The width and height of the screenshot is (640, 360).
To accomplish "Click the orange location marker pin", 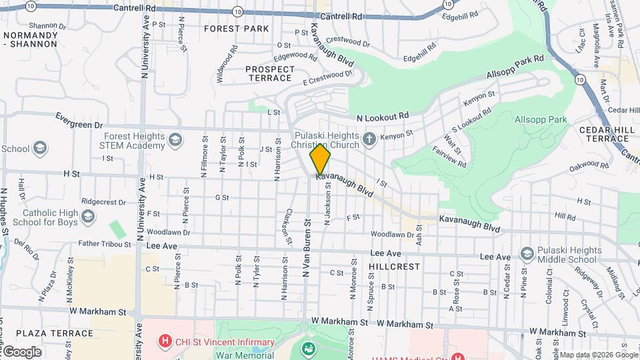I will point(320,159).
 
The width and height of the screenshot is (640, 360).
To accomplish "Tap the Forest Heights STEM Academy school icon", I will point(175,139).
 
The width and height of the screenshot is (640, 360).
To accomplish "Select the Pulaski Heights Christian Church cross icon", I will point(371,140).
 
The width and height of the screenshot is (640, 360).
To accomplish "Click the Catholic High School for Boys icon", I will point(88,217).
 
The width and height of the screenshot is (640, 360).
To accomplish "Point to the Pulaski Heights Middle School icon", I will point(528,253).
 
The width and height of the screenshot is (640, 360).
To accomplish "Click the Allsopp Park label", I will point(540,119).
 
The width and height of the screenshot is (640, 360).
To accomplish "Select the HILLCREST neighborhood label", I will point(394,266).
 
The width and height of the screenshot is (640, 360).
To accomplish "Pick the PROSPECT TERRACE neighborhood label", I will point(269,73).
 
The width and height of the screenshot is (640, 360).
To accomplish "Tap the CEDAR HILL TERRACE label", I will point(604,134).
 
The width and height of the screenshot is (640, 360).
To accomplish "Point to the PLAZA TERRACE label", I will point(55,333).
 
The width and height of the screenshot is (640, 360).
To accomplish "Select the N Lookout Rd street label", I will point(382,117).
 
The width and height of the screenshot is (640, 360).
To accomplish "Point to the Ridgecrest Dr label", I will point(103,201).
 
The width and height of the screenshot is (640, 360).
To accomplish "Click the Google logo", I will point(22,352).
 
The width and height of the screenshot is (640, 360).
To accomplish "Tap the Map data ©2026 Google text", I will point(598,355).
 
